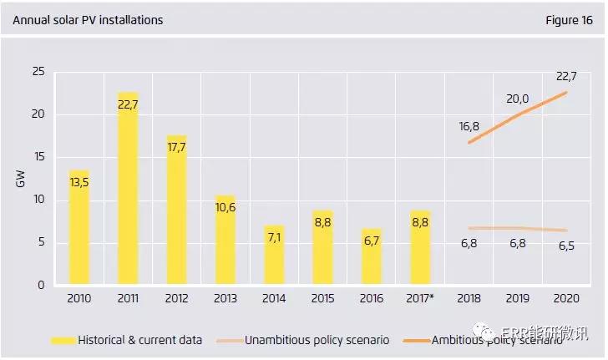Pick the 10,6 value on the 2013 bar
[225, 207]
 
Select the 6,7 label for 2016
[372, 241]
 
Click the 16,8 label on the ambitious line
[469, 127]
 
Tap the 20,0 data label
[518, 99]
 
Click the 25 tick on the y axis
[38, 72]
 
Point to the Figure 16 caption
[567, 19]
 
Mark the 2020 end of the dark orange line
[566, 92]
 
